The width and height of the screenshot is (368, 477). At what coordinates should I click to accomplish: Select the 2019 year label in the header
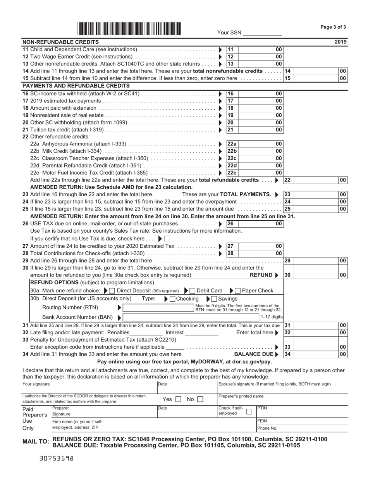click(341, 42)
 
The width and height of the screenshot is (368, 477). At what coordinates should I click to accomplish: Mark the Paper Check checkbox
click(238, 290)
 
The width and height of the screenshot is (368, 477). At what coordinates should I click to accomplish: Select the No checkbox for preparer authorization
click(200, 399)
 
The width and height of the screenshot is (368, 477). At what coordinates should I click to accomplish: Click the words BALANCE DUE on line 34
click(253, 354)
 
